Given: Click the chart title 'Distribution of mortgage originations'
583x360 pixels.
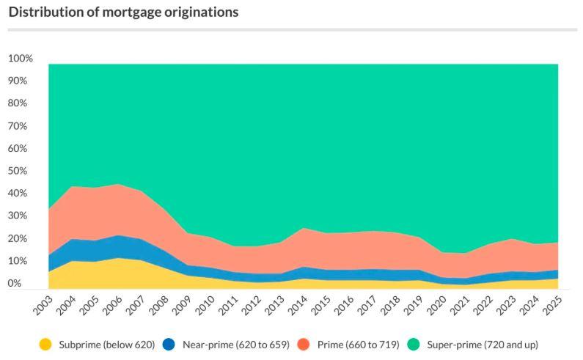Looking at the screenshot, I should [x=123, y=12].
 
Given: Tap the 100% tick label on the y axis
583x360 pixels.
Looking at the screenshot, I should [x=20, y=59].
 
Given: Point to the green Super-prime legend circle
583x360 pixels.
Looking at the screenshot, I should [x=423, y=344].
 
